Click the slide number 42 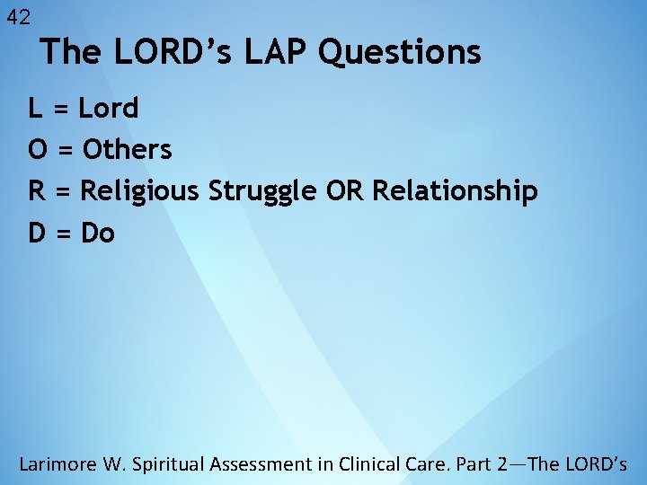[18, 17]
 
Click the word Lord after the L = [109, 109]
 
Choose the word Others [127, 150]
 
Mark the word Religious [141, 192]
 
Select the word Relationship [455, 192]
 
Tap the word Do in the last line [98, 234]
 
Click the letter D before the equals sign [38, 234]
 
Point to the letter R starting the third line [38, 191]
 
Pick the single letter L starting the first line [36, 109]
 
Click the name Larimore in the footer [58, 464]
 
